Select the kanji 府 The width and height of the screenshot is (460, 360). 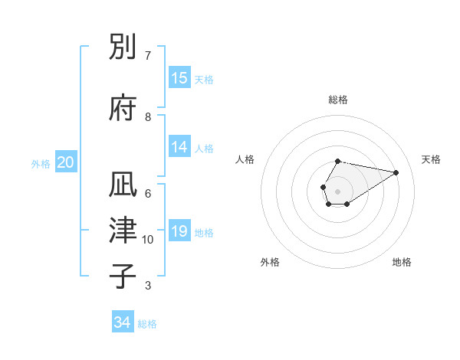123,108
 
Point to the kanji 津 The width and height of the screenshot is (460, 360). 123,231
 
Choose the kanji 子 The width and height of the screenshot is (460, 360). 123,277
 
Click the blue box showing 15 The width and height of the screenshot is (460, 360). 179,78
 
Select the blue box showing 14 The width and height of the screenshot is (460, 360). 179,147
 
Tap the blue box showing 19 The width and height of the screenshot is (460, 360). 179,231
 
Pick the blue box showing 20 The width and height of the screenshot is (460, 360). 66,162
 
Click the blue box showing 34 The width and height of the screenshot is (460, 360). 123,322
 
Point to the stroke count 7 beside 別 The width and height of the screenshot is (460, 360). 148,56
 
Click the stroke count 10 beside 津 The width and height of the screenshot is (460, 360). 148,240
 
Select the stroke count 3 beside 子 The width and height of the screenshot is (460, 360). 148,286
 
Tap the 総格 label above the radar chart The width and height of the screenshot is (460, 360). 337,100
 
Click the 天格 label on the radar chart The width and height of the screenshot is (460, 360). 431,159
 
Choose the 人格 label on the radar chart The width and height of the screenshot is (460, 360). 245,159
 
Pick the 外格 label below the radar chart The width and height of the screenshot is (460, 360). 270,262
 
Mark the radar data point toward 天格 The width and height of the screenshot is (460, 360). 396,172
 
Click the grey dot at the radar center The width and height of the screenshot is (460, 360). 337,190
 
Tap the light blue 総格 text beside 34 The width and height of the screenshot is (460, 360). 147,324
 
